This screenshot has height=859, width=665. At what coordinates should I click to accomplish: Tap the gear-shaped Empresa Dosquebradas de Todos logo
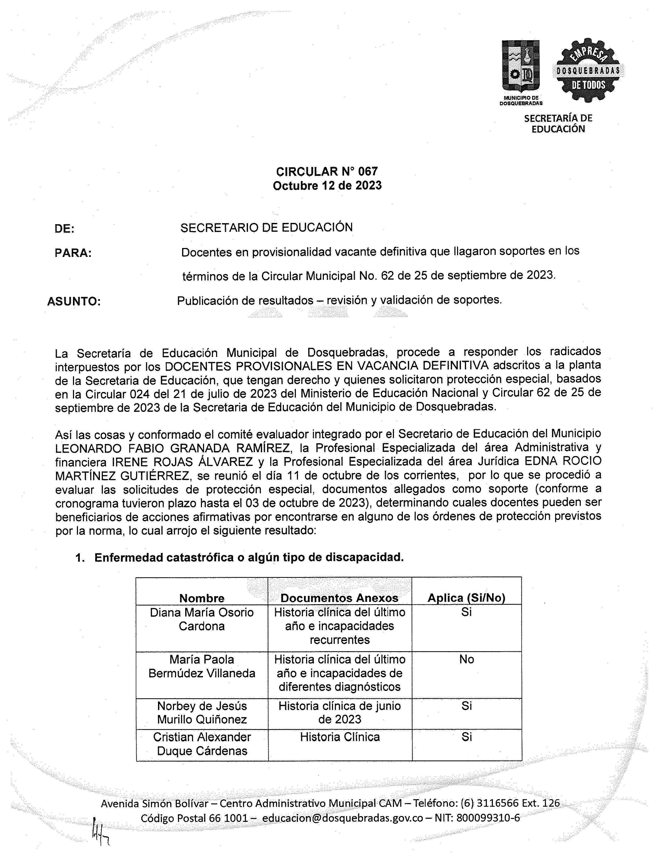coord(588,70)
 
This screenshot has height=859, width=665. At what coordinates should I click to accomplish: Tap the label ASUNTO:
coord(74,302)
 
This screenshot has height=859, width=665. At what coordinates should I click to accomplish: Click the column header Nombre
coord(202,598)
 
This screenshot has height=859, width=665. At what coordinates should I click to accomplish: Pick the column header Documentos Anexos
coord(339,598)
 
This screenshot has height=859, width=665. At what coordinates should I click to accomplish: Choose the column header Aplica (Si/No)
coord(466,598)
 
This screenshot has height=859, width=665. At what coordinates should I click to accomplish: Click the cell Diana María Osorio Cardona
coord(202,619)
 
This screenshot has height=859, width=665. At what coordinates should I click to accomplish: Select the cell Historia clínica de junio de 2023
coord(339,712)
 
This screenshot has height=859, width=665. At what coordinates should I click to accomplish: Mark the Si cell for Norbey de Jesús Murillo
coord(466,706)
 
